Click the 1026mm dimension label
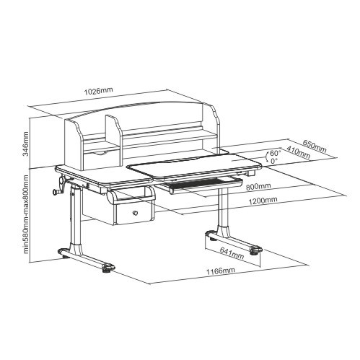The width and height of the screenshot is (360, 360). (x=98, y=91)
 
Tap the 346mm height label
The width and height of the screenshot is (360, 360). (x=25, y=144)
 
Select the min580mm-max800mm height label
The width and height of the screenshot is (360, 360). (x=25, y=214)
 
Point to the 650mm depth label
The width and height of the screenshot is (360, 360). (x=315, y=146)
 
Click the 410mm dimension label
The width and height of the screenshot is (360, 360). (x=298, y=152)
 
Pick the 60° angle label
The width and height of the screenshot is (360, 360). (x=276, y=153)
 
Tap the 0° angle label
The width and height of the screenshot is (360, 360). (x=274, y=161)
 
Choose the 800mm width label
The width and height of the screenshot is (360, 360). (x=258, y=186)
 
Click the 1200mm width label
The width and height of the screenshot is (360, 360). (x=263, y=200)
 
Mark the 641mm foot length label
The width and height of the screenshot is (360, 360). (x=232, y=253)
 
